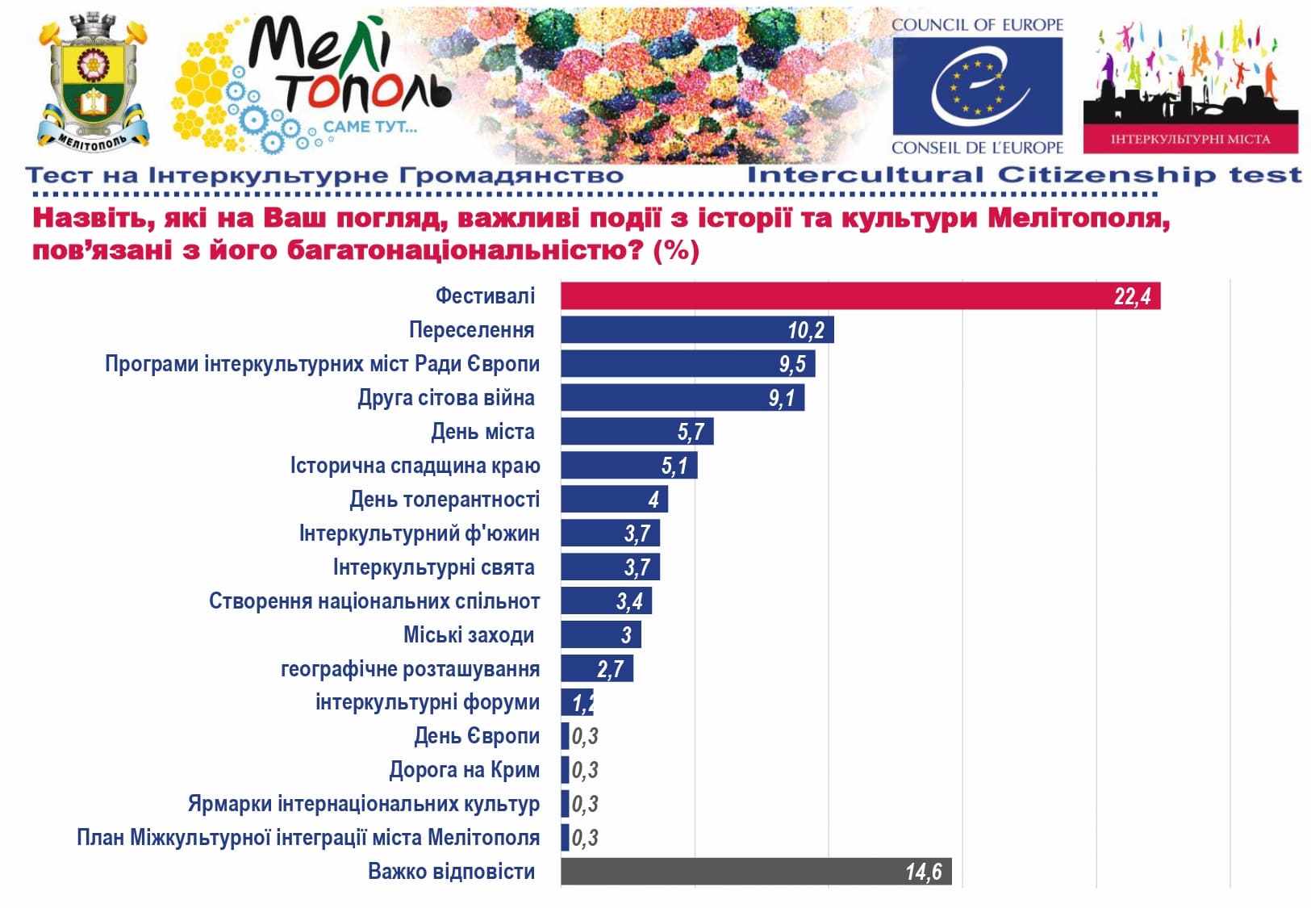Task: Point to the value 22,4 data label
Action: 1132,296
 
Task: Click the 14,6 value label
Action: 923,872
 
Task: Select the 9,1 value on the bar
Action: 781,398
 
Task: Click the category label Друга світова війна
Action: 446,398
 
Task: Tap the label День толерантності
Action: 444,500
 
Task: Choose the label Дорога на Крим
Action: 464,770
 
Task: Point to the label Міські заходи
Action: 468,635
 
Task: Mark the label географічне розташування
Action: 410,669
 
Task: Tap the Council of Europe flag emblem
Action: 977,86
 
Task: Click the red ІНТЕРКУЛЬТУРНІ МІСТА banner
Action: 1190,139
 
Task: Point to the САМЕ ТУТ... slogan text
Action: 370,127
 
